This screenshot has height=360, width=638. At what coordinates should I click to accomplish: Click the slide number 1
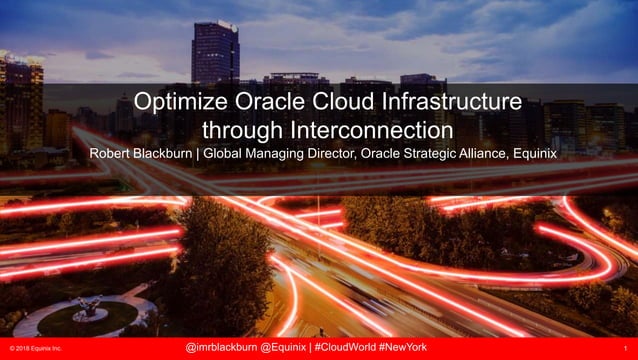pyautogui.click(x=622, y=347)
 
